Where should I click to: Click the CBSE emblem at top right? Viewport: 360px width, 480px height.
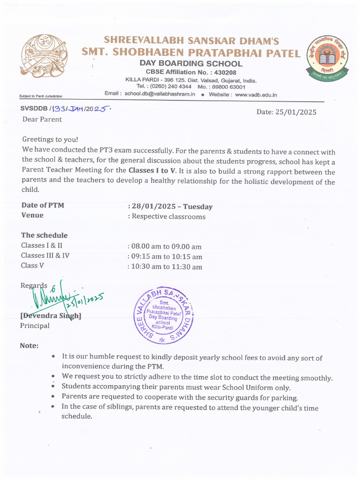[x=328, y=58]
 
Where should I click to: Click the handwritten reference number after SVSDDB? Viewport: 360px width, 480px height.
[x=81, y=109]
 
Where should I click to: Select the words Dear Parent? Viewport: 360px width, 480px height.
[x=42, y=119]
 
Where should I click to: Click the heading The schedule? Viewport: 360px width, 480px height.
[x=44, y=235]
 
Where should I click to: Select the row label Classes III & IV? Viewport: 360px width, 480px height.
[x=45, y=255]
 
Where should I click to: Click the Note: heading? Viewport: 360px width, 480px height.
[x=29, y=345]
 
